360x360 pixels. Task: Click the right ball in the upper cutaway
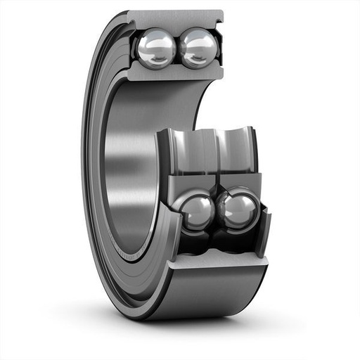coord(199,47)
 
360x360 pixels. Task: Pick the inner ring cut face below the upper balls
coord(176,73)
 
